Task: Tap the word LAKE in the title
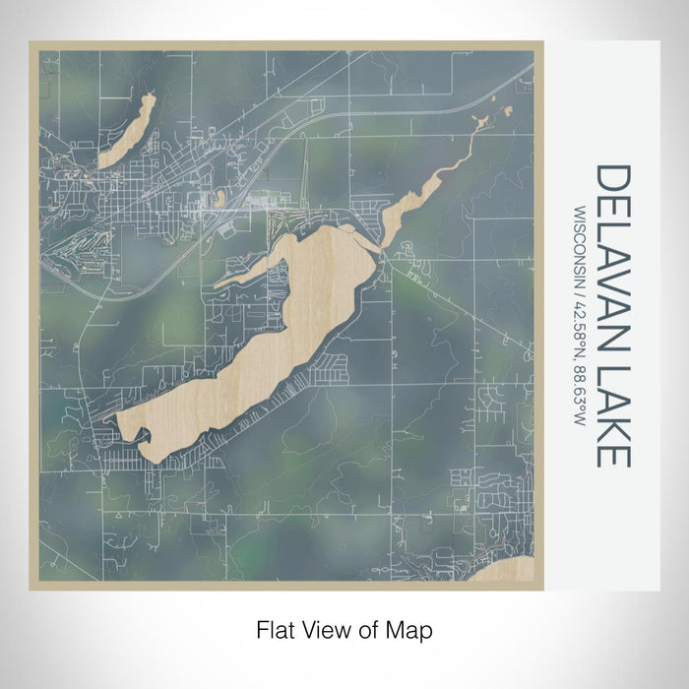612,413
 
